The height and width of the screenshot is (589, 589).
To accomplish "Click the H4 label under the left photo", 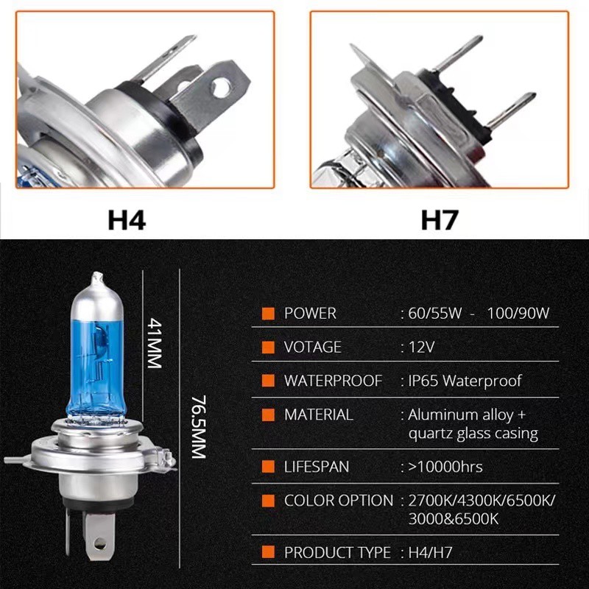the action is [x=127, y=219].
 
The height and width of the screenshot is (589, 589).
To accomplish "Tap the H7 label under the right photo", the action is [x=440, y=219].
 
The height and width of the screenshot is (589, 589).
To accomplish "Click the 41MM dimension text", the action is [x=155, y=343].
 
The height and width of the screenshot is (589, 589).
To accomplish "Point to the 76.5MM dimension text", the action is [x=199, y=427].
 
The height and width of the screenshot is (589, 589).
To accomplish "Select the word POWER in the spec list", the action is [x=310, y=314].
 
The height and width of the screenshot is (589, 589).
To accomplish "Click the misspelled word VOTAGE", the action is [x=312, y=347].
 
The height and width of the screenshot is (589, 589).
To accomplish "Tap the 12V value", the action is [x=421, y=347].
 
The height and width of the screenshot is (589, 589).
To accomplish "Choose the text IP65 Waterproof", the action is [x=465, y=381].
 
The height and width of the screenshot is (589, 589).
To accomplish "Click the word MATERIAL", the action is [x=319, y=415].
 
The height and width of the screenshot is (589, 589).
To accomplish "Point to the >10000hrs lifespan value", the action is [x=445, y=467].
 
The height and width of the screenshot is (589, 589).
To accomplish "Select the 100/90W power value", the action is [x=518, y=314].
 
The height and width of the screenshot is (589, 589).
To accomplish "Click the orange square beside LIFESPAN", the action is [x=268, y=467].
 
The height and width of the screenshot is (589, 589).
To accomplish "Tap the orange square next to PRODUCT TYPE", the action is [x=268, y=552].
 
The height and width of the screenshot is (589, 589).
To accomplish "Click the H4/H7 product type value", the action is [x=430, y=553].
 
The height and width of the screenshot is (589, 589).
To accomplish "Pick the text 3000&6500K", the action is [x=454, y=519].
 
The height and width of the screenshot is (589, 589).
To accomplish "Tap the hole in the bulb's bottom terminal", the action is [x=99, y=543].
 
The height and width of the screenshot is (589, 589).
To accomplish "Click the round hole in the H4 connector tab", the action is [x=220, y=87].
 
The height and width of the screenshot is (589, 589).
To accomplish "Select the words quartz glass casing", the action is [x=473, y=434].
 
